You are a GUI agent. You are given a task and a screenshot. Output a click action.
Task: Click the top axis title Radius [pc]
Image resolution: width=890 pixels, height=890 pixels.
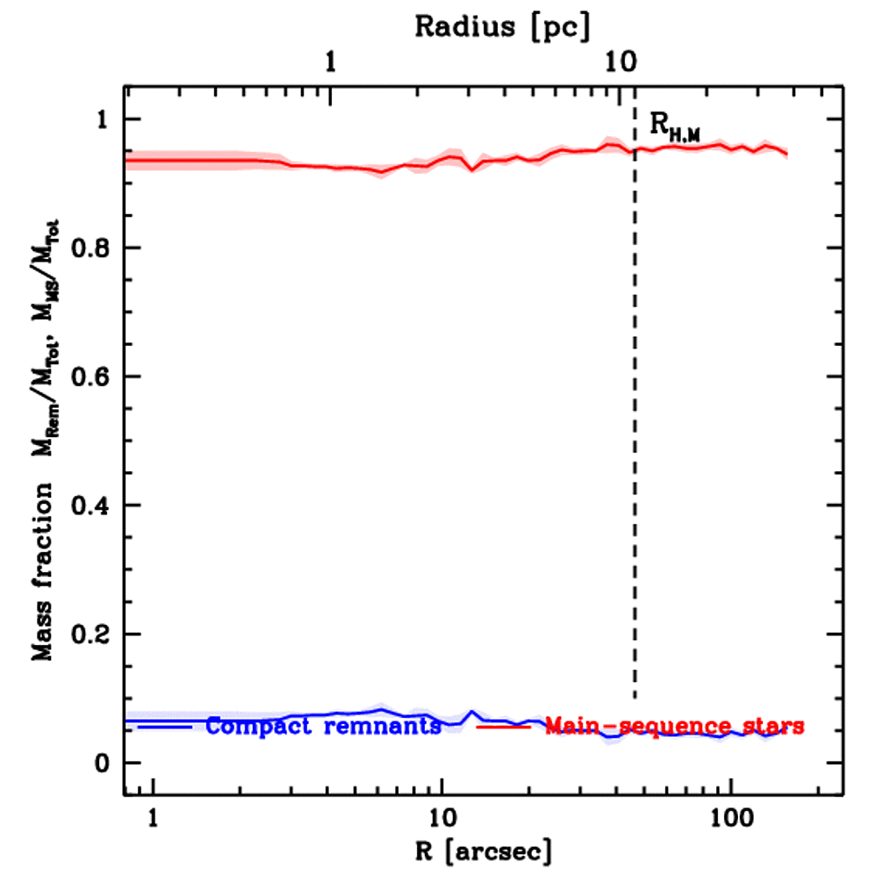(502, 26)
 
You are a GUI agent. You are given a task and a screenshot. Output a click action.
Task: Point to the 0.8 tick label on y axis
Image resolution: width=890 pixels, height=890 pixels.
(92, 249)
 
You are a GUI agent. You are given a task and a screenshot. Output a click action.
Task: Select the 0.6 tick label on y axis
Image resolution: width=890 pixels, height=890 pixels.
(92, 377)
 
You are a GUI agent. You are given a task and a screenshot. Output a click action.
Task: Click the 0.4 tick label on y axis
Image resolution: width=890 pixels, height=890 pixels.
(92, 506)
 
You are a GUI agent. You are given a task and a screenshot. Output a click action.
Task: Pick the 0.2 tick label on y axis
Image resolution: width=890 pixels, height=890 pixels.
(92, 634)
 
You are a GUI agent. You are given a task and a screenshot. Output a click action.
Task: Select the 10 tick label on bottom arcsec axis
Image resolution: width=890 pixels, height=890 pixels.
(442, 816)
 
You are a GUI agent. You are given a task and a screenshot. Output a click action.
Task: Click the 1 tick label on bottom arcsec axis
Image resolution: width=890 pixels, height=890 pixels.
(154, 816)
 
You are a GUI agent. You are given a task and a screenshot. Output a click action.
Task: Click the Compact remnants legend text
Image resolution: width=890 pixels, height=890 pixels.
(323, 726)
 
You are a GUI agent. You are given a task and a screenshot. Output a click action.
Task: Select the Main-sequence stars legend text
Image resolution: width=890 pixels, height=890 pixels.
(674, 726)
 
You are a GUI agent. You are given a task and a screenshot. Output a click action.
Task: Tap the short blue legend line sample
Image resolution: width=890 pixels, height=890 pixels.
(164, 725)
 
